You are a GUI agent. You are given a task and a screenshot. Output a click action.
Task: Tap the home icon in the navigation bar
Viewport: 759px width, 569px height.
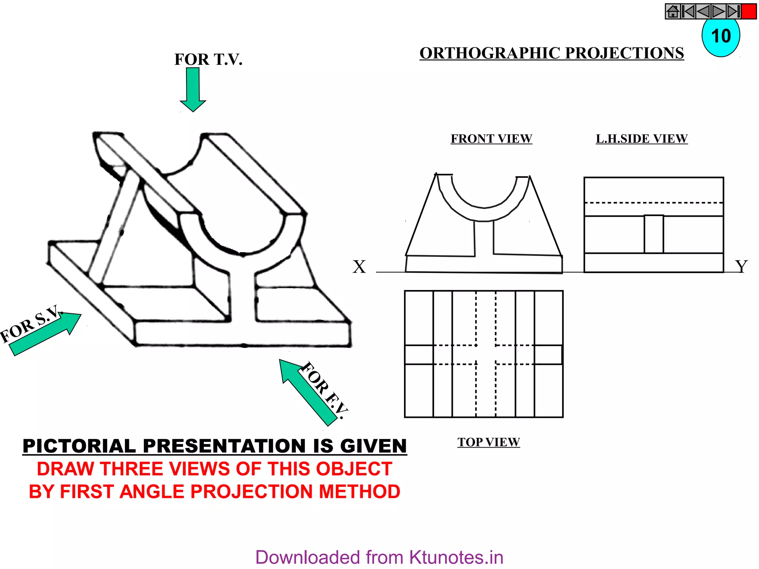click(673, 11)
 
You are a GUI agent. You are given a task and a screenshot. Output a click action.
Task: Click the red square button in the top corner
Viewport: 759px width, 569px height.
click(749, 11)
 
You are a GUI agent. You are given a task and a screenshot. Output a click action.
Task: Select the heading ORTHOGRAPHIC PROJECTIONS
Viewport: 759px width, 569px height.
click(551, 53)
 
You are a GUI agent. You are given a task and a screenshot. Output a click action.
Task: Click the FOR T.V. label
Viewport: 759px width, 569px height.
click(208, 60)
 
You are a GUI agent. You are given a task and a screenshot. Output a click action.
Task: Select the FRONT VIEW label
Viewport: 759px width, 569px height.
click(491, 139)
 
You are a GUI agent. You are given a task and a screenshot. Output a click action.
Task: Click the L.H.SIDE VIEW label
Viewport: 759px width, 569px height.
click(642, 139)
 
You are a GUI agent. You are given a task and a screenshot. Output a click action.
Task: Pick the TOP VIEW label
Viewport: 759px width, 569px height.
click(488, 442)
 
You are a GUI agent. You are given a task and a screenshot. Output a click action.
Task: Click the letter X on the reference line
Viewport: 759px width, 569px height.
click(359, 267)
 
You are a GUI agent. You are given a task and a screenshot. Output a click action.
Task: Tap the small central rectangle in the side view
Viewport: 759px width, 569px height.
click(654, 234)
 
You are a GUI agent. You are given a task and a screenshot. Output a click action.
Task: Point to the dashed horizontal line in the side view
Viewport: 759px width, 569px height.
click(654, 203)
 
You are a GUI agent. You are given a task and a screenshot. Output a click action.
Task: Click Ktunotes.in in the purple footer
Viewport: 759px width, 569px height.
click(456, 558)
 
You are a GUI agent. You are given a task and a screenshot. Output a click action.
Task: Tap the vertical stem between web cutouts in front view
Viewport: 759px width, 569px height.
click(484, 239)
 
